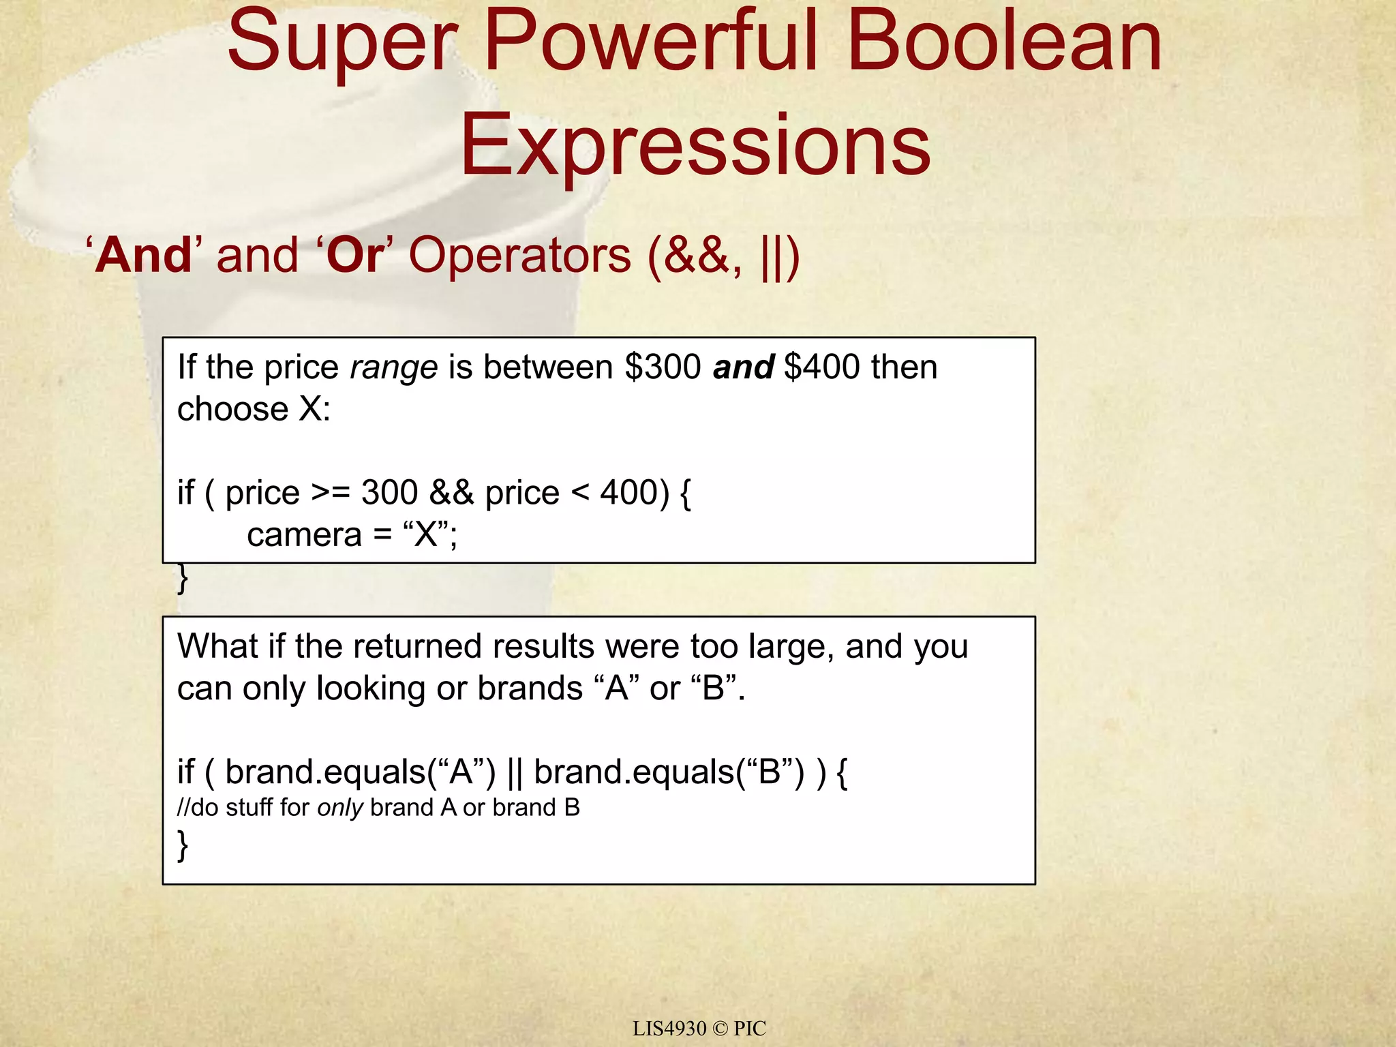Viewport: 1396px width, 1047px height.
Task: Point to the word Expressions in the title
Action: [695, 145]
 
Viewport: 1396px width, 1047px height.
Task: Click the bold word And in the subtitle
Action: [145, 256]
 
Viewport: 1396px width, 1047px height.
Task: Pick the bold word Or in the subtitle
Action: [354, 256]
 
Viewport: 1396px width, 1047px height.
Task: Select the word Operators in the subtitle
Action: [519, 256]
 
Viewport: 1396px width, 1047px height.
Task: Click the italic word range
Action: [393, 368]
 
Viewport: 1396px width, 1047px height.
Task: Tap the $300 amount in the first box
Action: [663, 367]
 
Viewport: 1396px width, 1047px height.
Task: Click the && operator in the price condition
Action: [451, 492]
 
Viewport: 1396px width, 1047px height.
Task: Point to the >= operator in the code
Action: [331, 492]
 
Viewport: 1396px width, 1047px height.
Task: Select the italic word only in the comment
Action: [339, 808]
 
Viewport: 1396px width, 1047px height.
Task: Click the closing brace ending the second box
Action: [182, 845]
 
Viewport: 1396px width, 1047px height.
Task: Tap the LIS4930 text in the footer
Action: [669, 1028]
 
